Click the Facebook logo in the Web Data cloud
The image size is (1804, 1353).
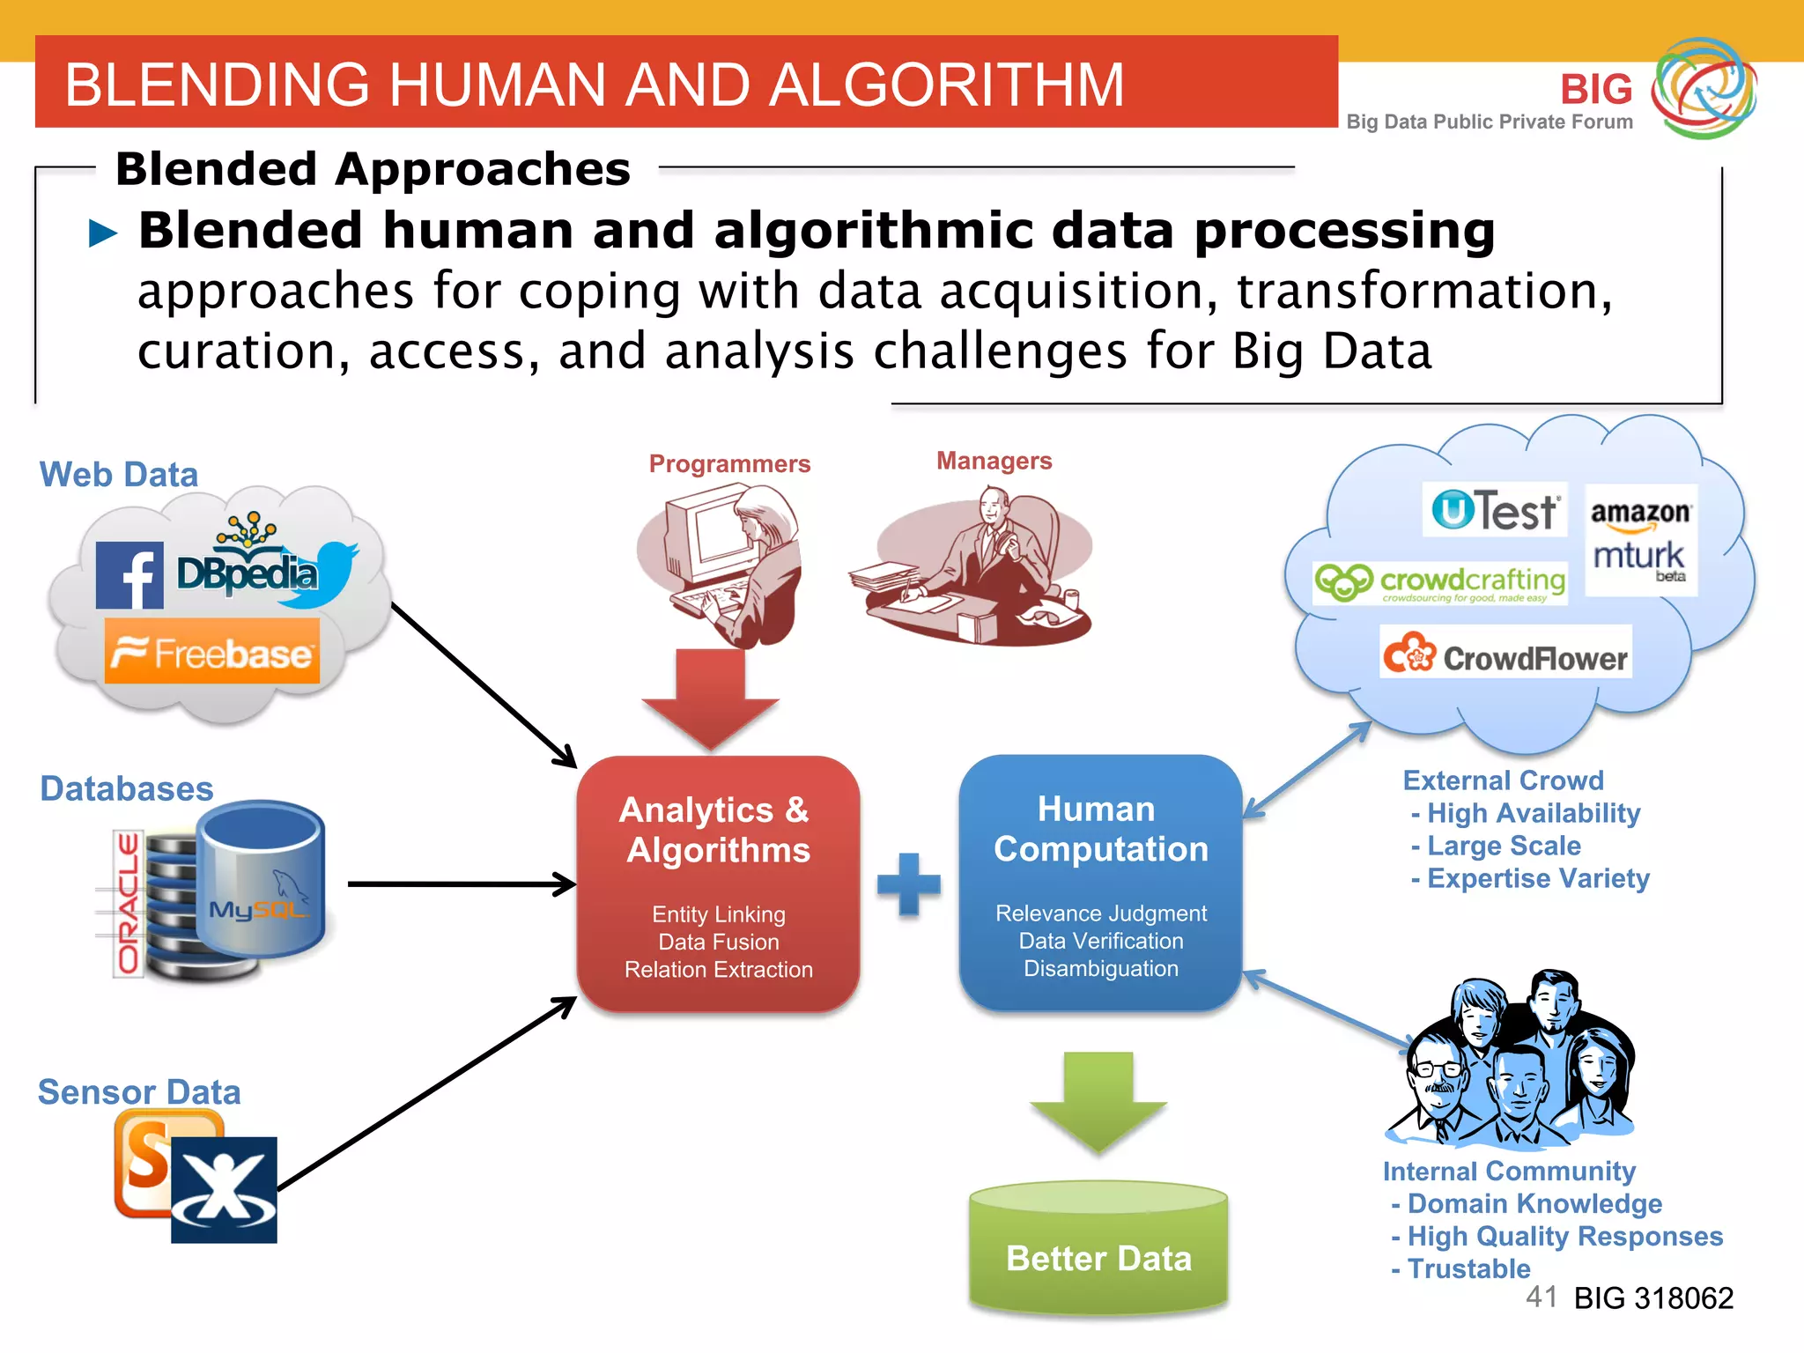129,575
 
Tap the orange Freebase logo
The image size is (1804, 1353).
212,652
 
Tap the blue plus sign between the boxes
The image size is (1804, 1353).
909,884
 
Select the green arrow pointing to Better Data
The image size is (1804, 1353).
1098,1101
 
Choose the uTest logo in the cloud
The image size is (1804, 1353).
1495,510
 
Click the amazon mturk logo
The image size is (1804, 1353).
1640,539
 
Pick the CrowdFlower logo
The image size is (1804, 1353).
1505,654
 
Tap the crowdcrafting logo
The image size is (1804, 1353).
1439,583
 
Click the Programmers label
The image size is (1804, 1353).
729,463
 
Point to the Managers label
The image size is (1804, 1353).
994,461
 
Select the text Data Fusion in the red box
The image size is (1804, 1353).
719,942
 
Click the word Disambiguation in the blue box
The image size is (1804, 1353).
1100,968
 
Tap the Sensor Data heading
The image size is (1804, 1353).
139,1092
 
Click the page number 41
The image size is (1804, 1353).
1541,1296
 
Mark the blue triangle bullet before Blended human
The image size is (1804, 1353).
104,233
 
